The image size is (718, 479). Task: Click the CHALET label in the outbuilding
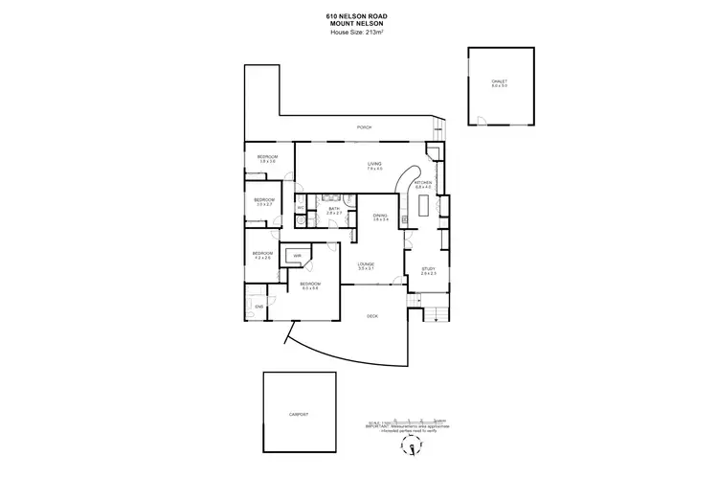coord(499,81)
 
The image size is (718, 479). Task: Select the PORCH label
coord(364,127)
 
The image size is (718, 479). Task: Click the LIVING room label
coord(374,165)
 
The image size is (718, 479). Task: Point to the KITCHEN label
coord(423,182)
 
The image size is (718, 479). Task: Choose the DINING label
coord(380,217)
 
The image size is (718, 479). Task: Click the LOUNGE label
coord(366,264)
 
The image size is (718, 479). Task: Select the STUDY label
coord(429,270)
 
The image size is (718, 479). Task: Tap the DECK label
coord(373,315)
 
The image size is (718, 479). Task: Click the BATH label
coord(334,208)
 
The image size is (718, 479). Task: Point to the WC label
coord(301,208)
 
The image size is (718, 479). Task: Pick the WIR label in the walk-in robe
coord(298,256)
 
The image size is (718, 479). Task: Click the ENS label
coord(258,307)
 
